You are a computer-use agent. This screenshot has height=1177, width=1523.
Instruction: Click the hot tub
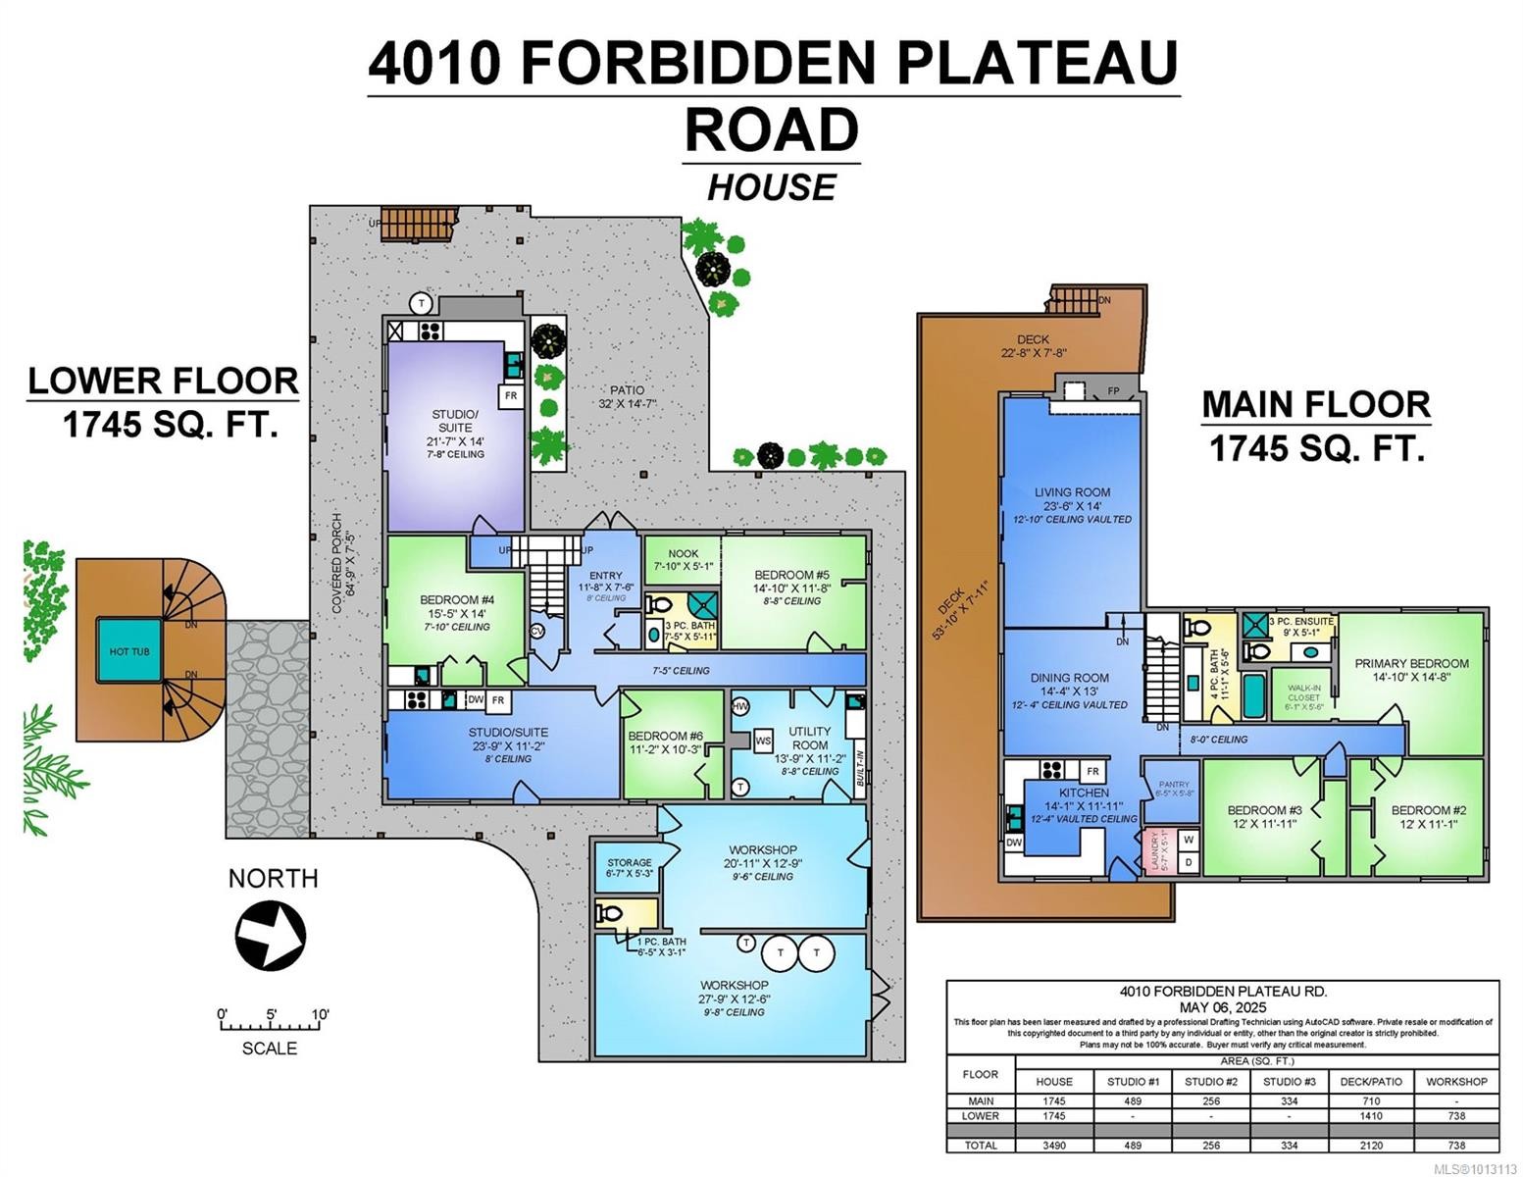tap(129, 651)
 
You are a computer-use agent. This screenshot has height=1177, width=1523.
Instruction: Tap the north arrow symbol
tap(270, 935)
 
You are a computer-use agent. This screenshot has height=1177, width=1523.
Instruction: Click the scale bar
tap(271, 1026)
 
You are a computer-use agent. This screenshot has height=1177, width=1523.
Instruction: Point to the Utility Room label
tap(809, 738)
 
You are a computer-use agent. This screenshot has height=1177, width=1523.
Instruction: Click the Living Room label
tap(1072, 492)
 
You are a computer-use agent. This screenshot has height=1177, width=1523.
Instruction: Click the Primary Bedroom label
tap(1411, 663)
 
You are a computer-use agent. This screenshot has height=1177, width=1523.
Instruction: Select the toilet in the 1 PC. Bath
tap(609, 914)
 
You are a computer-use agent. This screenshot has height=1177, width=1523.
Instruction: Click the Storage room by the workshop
tap(629, 867)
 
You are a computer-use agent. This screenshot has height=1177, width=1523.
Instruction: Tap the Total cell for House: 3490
tap(1054, 1145)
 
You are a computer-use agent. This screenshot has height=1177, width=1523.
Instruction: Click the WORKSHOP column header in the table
tap(1456, 1081)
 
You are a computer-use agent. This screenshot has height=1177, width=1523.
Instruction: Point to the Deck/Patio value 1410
tap(1366, 1115)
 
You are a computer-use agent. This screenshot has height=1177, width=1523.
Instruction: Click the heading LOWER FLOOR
tap(163, 381)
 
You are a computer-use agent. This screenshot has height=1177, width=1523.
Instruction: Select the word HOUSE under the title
tap(772, 186)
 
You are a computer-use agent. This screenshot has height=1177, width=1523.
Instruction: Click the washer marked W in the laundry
tap(1188, 840)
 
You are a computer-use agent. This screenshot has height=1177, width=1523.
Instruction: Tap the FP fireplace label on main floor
tap(1114, 390)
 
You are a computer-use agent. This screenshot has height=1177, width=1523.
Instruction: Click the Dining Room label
tap(1069, 678)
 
